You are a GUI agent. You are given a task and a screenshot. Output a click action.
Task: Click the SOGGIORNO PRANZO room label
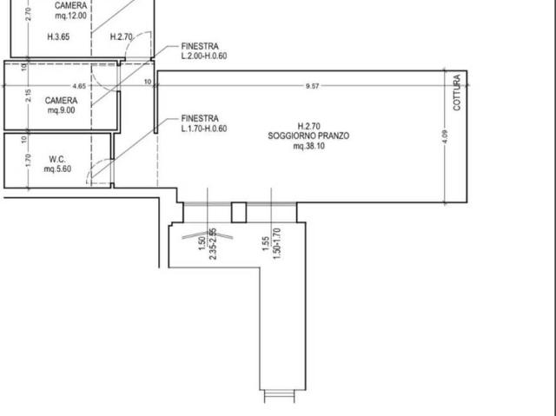click(308, 136)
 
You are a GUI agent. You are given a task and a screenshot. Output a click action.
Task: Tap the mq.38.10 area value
click(309, 146)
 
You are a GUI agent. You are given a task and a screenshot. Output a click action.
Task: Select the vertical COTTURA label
click(457, 92)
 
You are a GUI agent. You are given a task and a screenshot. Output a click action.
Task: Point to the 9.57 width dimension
click(312, 86)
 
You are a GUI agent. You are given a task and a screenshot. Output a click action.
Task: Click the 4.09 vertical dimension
click(446, 136)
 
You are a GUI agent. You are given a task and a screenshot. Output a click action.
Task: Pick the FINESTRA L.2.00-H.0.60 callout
click(204, 51)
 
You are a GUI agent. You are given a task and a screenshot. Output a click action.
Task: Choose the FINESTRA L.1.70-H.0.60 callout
click(204, 123)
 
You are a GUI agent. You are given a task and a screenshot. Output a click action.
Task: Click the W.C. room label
click(57, 159)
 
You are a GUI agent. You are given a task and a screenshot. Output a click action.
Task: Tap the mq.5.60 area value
click(57, 169)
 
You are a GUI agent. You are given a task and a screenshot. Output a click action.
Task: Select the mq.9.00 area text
click(62, 110)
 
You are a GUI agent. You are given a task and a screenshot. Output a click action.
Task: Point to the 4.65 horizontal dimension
click(79, 86)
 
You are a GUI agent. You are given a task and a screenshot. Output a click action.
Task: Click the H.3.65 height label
click(58, 36)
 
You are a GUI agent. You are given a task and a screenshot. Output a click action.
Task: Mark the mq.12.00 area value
click(70, 16)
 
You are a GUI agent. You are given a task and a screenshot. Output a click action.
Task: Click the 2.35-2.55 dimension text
click(213, 244)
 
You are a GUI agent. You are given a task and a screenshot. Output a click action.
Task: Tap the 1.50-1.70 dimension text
click(277, 243)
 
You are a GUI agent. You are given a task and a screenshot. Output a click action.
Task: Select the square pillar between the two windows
click(239, 213)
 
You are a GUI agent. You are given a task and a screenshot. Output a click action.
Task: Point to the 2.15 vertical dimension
click(29, 96)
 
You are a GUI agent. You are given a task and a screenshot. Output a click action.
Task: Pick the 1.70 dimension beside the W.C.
click(29, 160)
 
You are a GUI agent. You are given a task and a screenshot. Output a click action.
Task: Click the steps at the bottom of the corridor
click(280, 396)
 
